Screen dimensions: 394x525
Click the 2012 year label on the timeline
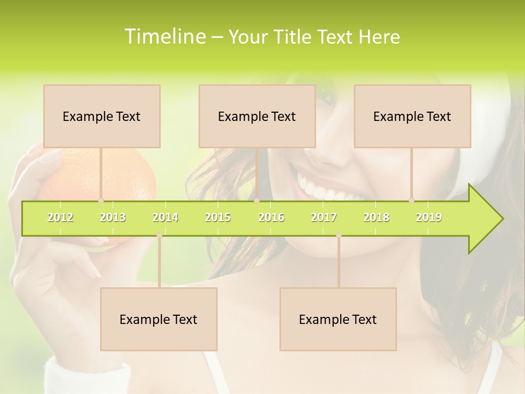tap(60, 217)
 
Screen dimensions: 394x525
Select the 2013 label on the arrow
tap(113, 217)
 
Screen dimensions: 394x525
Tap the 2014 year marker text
tap(165, 217)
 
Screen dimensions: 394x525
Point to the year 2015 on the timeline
tap(218, 217)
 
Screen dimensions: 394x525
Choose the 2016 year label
tap(271, 217)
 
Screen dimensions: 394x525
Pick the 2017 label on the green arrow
tap(324, 217)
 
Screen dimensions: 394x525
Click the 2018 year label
tap(376, 217)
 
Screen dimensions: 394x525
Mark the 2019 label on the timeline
tap(429, 217)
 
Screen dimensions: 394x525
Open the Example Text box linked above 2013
tap(102, 116)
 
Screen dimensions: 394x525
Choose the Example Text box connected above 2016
tap(257, 116)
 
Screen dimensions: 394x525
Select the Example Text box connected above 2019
tap(412, 116)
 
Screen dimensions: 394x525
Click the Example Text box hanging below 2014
tap(159, 319)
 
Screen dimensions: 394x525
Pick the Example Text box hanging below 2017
tap(338, 319)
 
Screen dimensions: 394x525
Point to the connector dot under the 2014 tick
tap(159, 235)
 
